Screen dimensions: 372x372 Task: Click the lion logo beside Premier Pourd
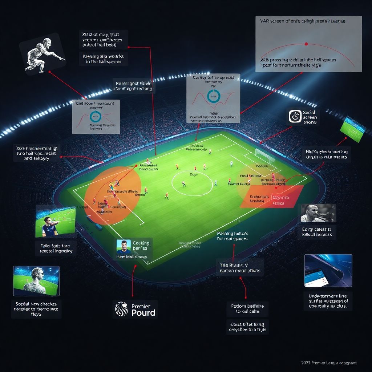[121, 309]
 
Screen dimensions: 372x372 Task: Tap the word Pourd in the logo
[143, 313]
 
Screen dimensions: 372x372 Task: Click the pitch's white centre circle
[192, 183]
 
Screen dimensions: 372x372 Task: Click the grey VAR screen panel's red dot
[306, 44]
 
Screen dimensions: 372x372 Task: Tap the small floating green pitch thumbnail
[353, 129]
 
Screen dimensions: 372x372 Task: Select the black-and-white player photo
[317, 213]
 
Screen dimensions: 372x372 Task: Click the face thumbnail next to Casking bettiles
[124, 247]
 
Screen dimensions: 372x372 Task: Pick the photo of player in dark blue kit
[55, 221]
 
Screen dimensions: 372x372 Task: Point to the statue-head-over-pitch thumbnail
[36, 281]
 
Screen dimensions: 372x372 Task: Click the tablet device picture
[328, 271]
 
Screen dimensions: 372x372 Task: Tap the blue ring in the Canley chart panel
[214, 96]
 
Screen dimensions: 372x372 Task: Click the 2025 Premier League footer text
[329, 363]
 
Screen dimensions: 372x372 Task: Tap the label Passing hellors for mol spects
[232, 236]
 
